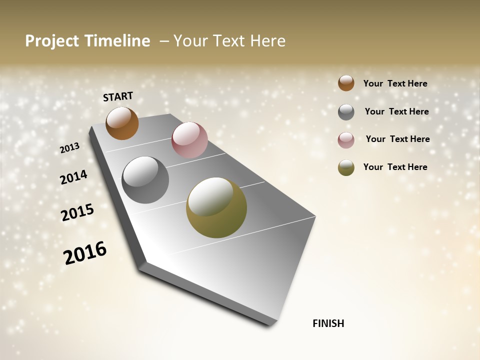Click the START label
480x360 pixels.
click(118, 96)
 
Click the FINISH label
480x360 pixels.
click(328, 323)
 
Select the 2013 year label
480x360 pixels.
click(70, 148)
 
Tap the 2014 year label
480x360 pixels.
click(74, 177)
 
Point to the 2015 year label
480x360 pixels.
click(77, 212)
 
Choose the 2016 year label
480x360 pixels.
click(85, 253)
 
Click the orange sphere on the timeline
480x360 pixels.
click(122, 123)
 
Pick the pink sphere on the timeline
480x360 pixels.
click(189, 140)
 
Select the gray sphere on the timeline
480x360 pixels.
click(145, 180)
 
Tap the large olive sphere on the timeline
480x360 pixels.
click(216, 207)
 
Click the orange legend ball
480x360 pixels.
click(346, 83)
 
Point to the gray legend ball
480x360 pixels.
click(346, 112)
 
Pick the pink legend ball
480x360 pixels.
click(346, 140)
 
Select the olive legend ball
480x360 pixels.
click(346, 167)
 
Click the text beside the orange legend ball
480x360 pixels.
click(395, 83)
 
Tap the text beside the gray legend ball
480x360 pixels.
click(396, 111)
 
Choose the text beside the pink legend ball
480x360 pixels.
click(397, 139)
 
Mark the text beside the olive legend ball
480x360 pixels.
click(395, 167)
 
